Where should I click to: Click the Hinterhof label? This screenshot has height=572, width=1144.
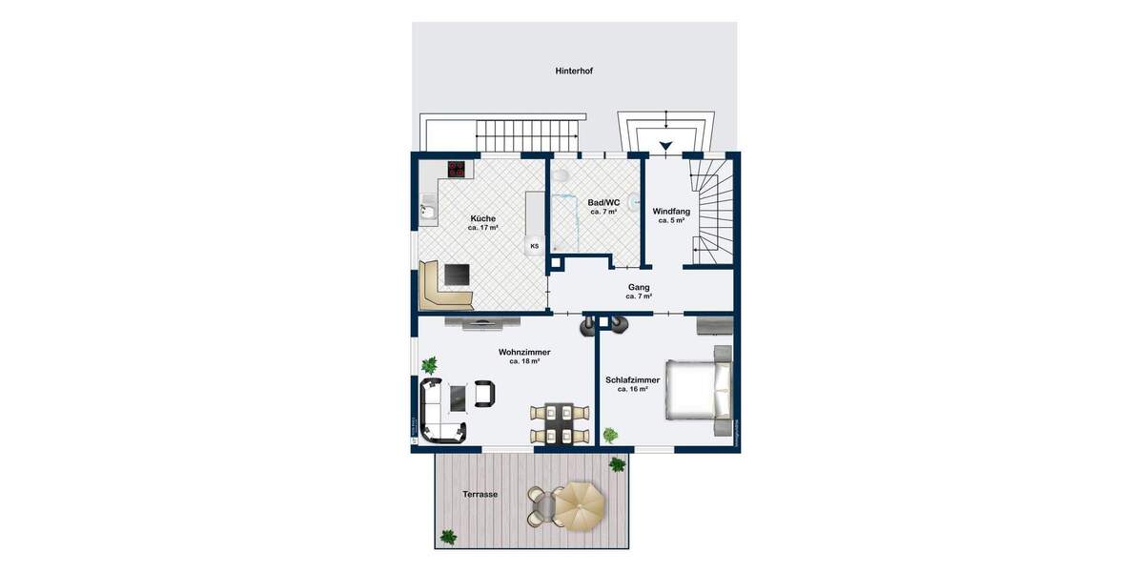pyautogui.click(x=574, y=71)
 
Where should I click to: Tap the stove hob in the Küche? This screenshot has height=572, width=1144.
pyautogui.click(x=458, y=170)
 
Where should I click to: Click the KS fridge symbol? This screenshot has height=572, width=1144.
pyautogui.click(x=534, y=246)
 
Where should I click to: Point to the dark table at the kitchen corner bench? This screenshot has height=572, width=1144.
pyautogui.click(x=458, y=275)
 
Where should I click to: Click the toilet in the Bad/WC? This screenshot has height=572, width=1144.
pyautogui.click(x=562, y=176)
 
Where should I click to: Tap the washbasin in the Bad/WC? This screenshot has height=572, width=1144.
pyautogui.click(x=633, y=201)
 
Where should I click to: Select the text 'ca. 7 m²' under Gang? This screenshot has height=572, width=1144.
pyautogui.click(x=639, y=296)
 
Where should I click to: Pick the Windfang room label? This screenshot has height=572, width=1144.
pyautogui.click(x=670, y=211)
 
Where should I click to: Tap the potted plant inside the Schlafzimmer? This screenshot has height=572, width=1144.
pyautogui.click(x=610, y=435)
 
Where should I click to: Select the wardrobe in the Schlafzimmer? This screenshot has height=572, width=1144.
pyautogui.click(x=715, y=326)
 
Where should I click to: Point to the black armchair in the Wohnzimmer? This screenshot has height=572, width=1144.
pyautogui.click(x=484, y=393)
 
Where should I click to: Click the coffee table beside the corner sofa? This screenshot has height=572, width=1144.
pyautogui.click(x=458, y=394)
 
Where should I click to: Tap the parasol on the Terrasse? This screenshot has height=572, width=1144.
pyautogui.click(x=579, y=504)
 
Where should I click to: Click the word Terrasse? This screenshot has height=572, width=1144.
pyautogui.click(x=480, y=495)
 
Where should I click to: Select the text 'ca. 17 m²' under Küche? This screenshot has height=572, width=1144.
pyautogui.click(x=482, y=229)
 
